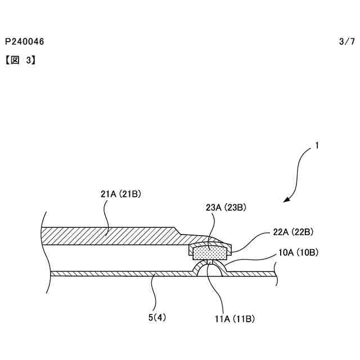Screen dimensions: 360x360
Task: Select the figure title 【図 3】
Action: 21,58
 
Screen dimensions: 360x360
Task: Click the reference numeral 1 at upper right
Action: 317,146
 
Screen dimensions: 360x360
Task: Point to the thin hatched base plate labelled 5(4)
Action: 112,273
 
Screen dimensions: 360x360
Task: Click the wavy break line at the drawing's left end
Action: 43,253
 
